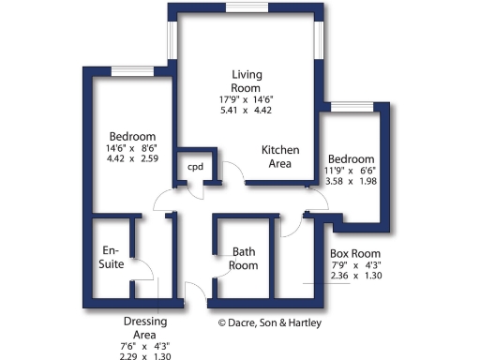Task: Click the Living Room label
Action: pyautogui.click(x=247, y=81)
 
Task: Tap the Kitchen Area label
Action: pyautogui.click(x=280, y=157)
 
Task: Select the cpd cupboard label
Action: pyautogui.click(x=195, y=167)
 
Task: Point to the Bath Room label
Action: pyautogui.click(x=244, y=259)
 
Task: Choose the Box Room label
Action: pyautogui.click(x=354, y=253)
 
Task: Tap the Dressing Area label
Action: pyautogui.click(x=145, y=327)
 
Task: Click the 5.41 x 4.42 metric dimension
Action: pyautogui.click(x=247, y=110)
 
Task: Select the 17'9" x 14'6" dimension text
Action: pyautogui.click(x=247, y=98)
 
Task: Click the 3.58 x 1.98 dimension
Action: pyautogui.click(x=351, y=182)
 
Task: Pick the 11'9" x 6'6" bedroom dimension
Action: pyautogui.click(x=351, y=171)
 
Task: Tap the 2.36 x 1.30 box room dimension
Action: pyautogui.click(x=354, y=277)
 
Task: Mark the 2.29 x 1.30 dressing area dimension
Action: pyautogui.click(x=145, y=355)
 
